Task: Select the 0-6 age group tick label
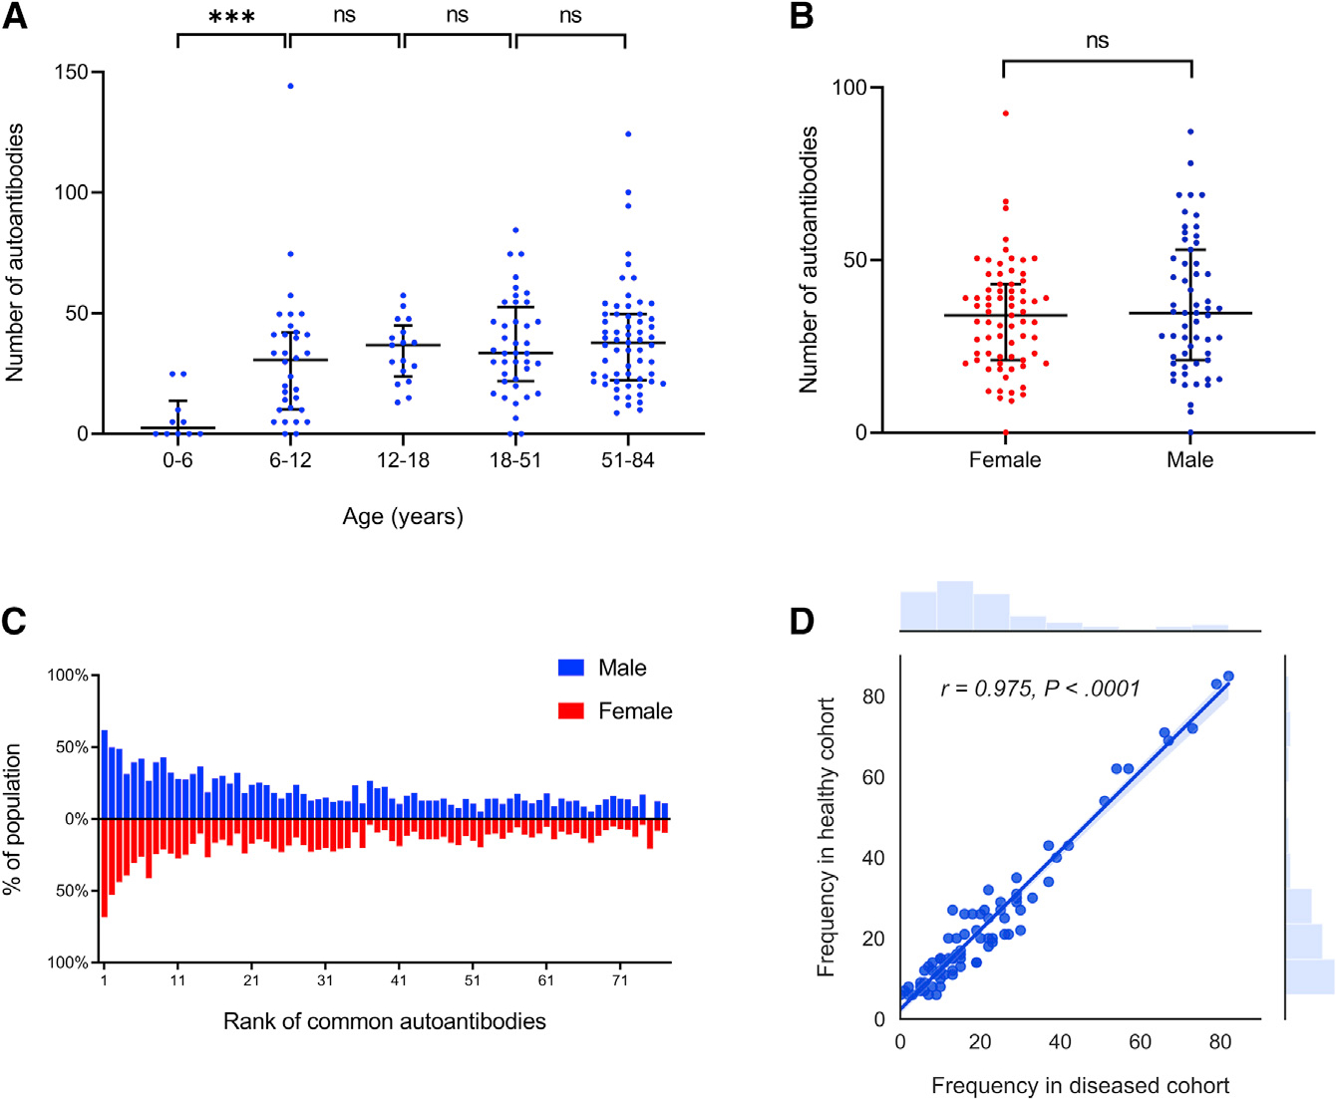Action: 177,460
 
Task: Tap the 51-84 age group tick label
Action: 627,460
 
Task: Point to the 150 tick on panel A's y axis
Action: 72,72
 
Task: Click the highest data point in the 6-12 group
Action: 290,86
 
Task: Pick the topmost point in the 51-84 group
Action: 628,134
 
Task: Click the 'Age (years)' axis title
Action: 403,516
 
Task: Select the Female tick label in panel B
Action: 1005,459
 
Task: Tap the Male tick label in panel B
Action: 1190,459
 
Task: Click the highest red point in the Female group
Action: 1005,114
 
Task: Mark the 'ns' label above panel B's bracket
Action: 1097,41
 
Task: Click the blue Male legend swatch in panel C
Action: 570,668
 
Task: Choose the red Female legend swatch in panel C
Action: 570,710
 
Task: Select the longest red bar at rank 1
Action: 104,867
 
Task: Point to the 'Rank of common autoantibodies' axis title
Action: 385,1021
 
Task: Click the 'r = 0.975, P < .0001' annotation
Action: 1040,688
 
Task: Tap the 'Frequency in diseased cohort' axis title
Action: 1080,1085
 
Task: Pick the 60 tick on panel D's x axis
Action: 1140,1042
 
